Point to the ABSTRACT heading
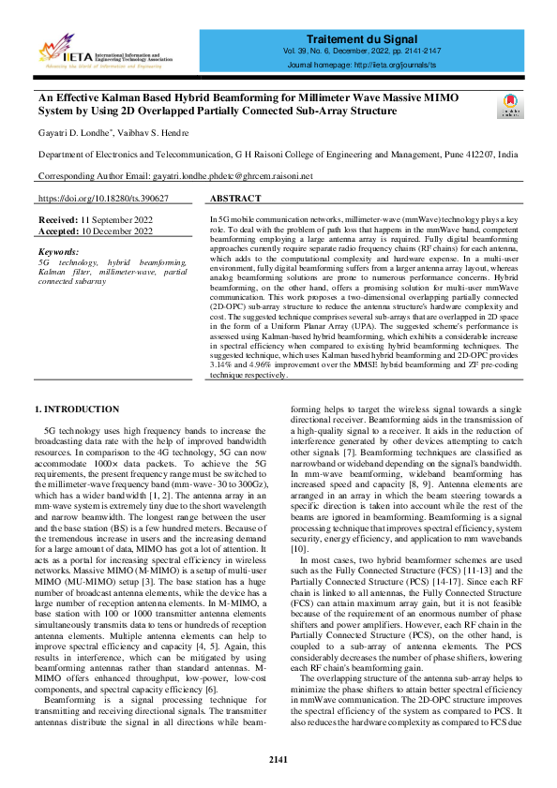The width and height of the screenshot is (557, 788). point(235,200)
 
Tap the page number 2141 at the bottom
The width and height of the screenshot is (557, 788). point(278,759)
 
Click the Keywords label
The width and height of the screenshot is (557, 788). point(58,252)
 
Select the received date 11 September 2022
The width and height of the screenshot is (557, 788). point(114,219)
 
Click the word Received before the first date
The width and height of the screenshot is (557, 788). point(57,219)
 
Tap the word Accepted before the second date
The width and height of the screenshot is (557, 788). point(57,230)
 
